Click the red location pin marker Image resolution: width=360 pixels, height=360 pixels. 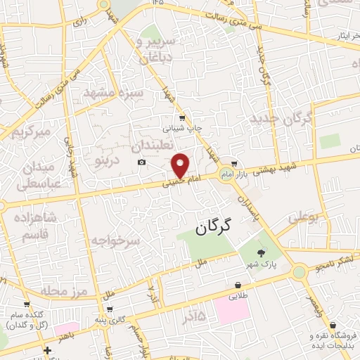click(x=181, y=165)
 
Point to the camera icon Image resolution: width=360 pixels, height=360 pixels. click(x=141, y=162)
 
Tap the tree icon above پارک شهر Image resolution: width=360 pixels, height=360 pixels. click(x=262, y=252)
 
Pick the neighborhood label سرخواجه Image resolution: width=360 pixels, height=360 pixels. click(x=115, y=240)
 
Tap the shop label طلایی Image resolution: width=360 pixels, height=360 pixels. click(x=240, y=297)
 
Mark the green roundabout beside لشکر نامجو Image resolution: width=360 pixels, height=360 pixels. click(x=300, y=271)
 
